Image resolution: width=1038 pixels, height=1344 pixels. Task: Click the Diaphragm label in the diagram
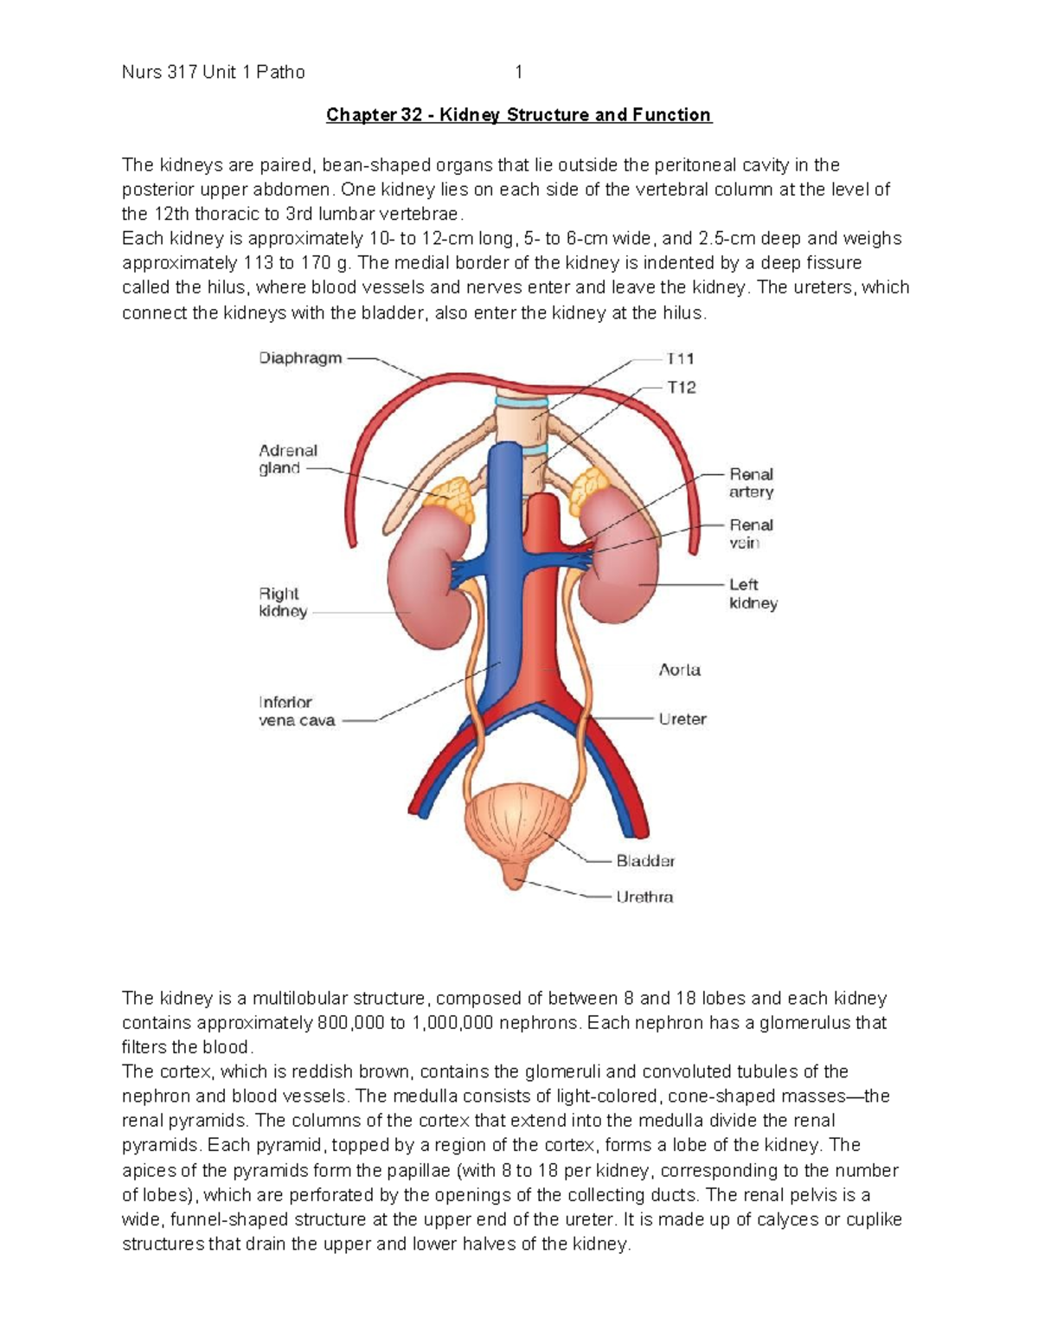pyautogui.click(x=300, y=358)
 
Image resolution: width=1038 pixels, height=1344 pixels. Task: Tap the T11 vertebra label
pyautogui.click(x=680, y=358)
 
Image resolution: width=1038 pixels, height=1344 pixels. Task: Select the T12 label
pyautogui.click(x=681, y=388)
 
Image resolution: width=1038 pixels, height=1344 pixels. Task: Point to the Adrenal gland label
pyautogui.click(x=287, y=460)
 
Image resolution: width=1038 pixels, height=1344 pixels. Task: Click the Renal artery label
pyautogui.click(x=751, y=483)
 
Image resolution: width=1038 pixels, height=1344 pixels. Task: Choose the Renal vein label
pyautogui.click(x=751, y=534)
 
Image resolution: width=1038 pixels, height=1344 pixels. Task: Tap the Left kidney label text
pyautogui.click(x=753, y=594)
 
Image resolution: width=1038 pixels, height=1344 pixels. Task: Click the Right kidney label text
pyautogui.click(x=282, y=602)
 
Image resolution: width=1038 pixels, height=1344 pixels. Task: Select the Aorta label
pyautogui.click(x=680, y=670)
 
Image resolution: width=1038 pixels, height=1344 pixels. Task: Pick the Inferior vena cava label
pyautogui.click(x=296, y=711)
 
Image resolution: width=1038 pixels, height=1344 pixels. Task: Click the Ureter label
pyautogui.click(x=682, y=719)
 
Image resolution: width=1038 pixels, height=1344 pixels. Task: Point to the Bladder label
pyautogui.click(x=645, y=861)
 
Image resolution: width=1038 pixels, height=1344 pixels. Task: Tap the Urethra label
pyautogui.click(x=644, y=897)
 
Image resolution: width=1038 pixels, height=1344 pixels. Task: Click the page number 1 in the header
pyautogui.click(x=519, y=73)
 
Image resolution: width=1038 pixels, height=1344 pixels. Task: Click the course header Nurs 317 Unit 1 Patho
pyautogui.click(x=214, y=73)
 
